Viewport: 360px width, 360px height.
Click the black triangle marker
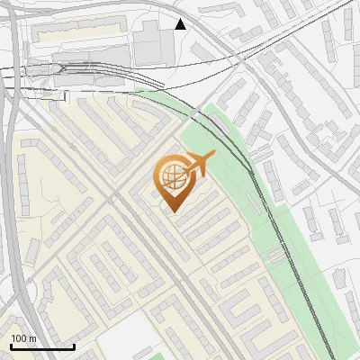pyautogui.click(x=181, y=24)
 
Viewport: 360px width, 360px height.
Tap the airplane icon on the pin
pyautogui.click(x=201, y=164)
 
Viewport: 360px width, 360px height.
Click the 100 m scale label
pyautogui.click(x=23, y=338)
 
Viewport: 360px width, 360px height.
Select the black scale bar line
pyautogui.click(x=42, y=346)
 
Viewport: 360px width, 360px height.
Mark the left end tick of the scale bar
pyautogui.click(x=11, y=345)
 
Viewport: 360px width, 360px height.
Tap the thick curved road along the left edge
pyautogui.click(x=13, y=180)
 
